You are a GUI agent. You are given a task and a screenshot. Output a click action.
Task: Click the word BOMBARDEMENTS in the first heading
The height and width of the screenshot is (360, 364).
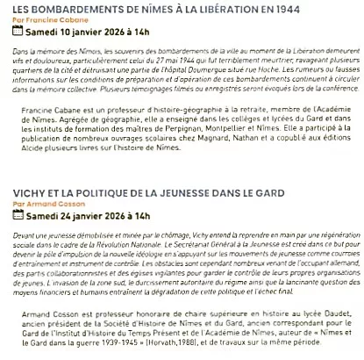click(65, 8)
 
